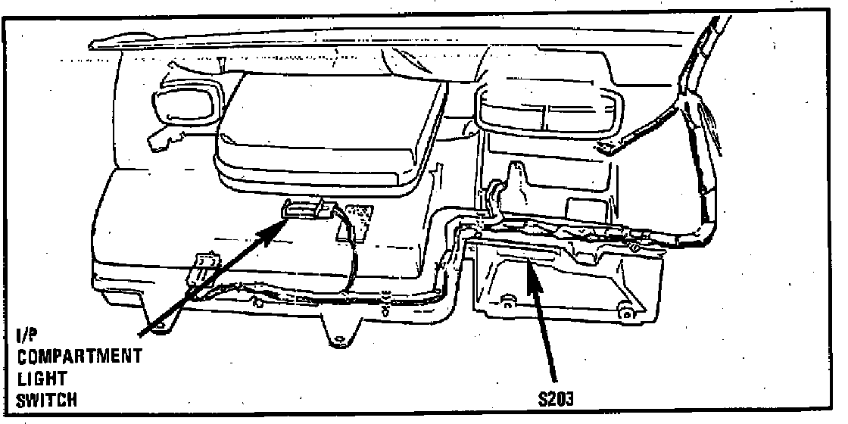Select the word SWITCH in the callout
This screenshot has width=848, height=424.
click(46, 399)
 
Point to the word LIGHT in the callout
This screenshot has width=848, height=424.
click(42, 378)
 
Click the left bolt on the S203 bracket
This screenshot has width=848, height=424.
click(505, 306)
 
